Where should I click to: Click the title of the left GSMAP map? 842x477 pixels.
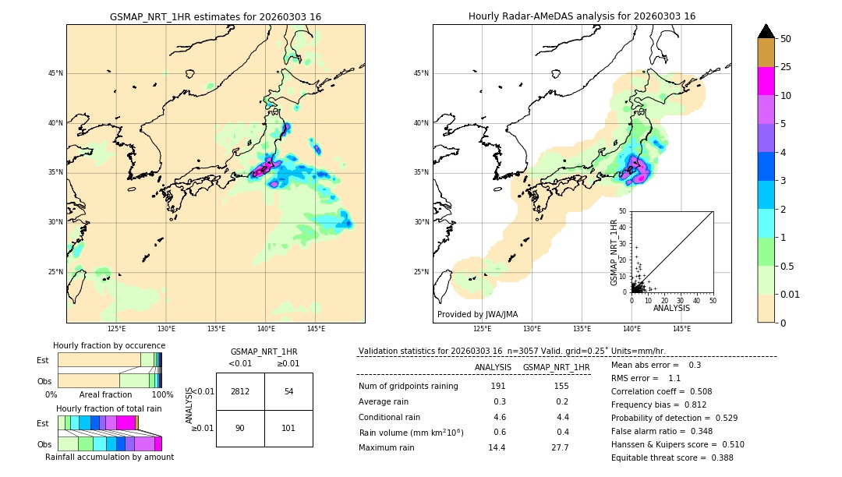[x=215, y=16]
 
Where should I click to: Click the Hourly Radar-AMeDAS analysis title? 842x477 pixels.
[x=582, y=16]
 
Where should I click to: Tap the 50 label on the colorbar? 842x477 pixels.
[x=786, y=39]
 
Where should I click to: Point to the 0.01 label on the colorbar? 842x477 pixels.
[x=790, y=294]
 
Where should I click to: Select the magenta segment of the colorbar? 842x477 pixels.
[x=766, y=82]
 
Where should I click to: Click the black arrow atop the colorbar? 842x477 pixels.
[x=766, y=31]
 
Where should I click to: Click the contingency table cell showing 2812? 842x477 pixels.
[x=240, y=391]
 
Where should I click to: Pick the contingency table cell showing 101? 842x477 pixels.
[x=288, y=428]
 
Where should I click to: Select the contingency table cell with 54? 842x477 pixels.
[x=288, y=391]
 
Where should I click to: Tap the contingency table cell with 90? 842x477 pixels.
[x=240, y=428]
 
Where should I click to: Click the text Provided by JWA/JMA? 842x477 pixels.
[x=477, y=315]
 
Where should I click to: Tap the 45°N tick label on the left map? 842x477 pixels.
[x=55, y=73]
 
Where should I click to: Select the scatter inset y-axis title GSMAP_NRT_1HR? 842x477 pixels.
[x=614, y=252]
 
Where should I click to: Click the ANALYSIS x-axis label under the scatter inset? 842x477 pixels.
[x=672, y=309]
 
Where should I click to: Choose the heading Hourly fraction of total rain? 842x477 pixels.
[x=109, y=408]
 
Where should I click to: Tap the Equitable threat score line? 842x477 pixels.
[x=672, y=458]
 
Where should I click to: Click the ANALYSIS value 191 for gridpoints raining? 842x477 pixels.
[x=498, y=387]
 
